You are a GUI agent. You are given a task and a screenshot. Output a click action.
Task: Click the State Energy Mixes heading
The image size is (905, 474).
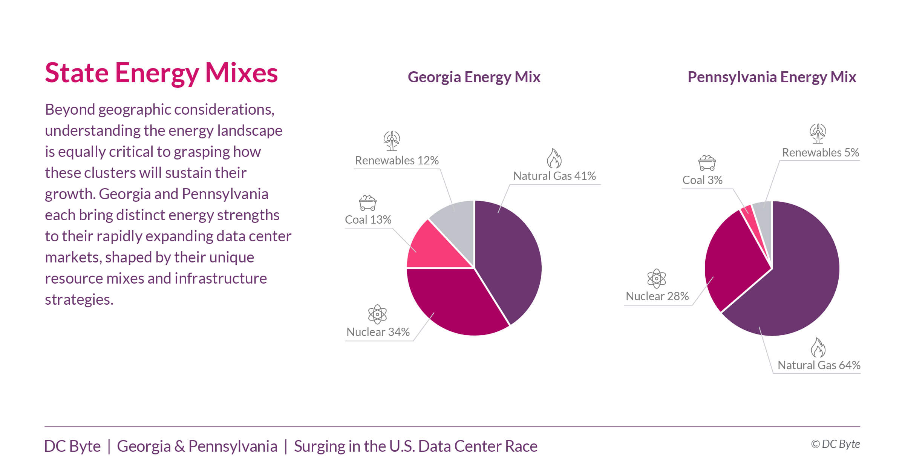click(x=161, y=73)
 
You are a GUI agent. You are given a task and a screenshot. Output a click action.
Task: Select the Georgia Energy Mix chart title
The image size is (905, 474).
click(x=474, y=77)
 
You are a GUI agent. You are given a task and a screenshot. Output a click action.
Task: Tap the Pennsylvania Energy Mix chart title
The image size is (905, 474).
click(x=772, y=77)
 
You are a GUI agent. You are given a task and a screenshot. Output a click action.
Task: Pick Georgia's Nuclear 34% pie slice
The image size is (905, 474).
click(x=456, y=302)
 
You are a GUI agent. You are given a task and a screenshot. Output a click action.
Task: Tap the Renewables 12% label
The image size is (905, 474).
click(x=397, y=161)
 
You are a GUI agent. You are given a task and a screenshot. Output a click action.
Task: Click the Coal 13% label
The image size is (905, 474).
click(x=368, y=220)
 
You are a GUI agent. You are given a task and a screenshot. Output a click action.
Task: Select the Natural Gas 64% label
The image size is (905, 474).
click(x=819, y=365)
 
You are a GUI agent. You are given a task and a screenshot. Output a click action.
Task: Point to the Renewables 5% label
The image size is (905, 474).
click(x=820, y=153)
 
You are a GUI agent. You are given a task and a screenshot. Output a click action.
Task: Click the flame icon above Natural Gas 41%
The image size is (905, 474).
click(x=554, y=158)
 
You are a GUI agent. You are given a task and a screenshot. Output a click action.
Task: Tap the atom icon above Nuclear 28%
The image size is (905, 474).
click(x=656, y=279)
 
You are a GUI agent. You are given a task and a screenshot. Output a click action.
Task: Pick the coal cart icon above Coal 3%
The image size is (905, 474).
click(x=707, y=163)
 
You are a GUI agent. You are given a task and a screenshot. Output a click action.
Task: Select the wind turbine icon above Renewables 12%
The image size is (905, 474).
click(x=392, y=141)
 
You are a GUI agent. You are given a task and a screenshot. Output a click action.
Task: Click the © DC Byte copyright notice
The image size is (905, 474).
click(x=835, y=444)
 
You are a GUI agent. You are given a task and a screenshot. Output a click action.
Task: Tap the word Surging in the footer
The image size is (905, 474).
click(x=320, y=446)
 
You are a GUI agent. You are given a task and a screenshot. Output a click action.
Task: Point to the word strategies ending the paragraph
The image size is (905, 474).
click(x=79, y=300)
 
